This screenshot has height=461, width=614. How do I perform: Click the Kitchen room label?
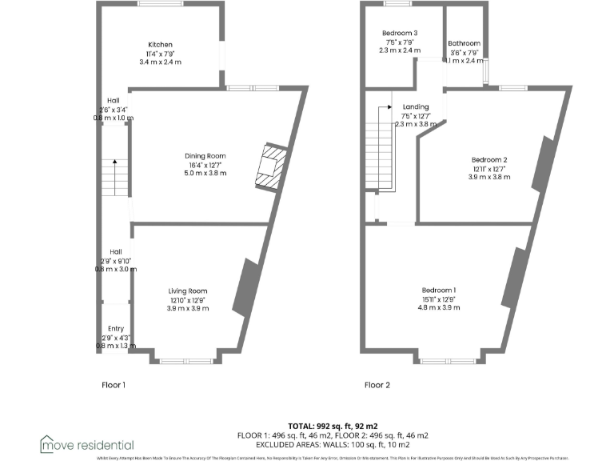(160, 45)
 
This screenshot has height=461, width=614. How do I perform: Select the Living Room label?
(188, 291)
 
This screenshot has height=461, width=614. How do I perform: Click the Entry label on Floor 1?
(116, 329)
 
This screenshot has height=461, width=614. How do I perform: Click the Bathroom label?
(464, 43)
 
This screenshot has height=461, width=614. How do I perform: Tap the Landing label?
(416, 107)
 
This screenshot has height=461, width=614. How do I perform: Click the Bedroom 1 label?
(439, 290)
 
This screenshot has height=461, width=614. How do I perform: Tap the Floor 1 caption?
(113, 385)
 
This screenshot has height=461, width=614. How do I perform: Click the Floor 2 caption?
(377, 385)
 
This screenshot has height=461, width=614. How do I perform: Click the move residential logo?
(87, 444)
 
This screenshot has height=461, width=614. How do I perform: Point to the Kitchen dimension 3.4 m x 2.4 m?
(160, 62)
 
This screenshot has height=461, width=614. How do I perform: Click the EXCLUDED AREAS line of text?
(333, 444)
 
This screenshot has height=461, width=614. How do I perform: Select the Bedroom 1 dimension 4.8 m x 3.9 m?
(439, 307)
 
